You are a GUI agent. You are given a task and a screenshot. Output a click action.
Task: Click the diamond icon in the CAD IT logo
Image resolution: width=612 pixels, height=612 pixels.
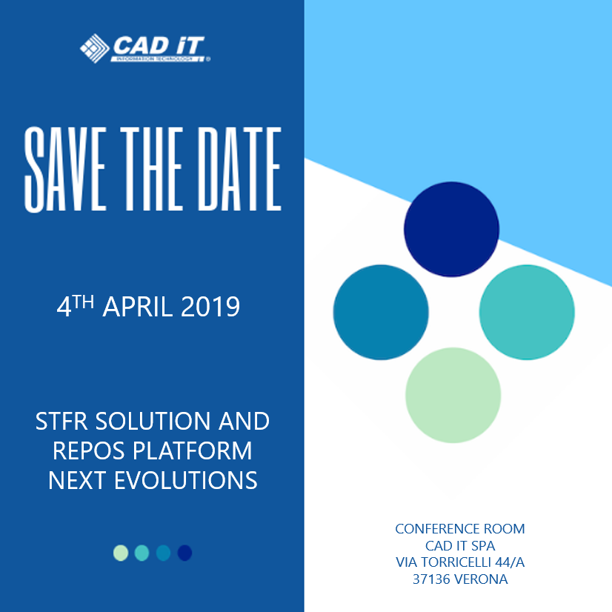click(94, 48)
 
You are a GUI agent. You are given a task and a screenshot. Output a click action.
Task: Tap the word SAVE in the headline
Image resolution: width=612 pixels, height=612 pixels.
click(65, 170)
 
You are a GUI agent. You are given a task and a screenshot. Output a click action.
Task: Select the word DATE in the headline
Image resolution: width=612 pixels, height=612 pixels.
click(239, 169)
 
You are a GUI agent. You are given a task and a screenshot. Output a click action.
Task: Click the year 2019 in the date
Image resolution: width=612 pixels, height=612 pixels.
click(210, 307)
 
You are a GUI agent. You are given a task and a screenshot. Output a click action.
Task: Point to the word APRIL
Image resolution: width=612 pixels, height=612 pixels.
click(137, 307)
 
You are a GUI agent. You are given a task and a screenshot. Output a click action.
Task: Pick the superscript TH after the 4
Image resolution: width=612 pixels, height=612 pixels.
click(83, 302)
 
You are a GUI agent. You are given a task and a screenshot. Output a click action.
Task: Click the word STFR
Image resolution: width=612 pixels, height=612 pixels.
click(61, 421)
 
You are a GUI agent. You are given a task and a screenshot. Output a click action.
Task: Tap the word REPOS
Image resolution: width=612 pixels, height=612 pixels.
click(89, 450)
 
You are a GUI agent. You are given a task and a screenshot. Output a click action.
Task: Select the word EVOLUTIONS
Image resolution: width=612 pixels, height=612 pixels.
click(186, 480)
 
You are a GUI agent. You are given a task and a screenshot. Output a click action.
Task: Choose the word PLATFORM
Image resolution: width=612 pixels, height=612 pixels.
click(193, 450)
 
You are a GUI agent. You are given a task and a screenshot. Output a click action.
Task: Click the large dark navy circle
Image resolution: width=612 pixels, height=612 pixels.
click(451, 230)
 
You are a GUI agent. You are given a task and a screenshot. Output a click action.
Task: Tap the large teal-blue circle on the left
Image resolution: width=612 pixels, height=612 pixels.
click(381, 312)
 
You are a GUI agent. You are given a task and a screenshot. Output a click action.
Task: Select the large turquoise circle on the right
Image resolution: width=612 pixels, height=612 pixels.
click(527, 312)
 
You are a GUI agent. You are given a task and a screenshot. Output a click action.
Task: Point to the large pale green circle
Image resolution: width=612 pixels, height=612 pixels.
click(453, 396)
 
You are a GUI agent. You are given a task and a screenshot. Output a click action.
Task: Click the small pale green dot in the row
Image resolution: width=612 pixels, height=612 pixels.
click(121, 553)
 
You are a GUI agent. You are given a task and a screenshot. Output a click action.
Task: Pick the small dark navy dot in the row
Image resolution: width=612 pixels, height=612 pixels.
click(184, 553)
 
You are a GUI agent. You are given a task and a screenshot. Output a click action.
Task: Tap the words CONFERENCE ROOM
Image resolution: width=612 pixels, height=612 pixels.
click(460, 529)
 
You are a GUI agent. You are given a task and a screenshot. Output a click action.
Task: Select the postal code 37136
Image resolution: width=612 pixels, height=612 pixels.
click(431, 579)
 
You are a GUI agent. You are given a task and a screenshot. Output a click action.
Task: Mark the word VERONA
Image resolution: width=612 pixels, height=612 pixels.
click(482, 579)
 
